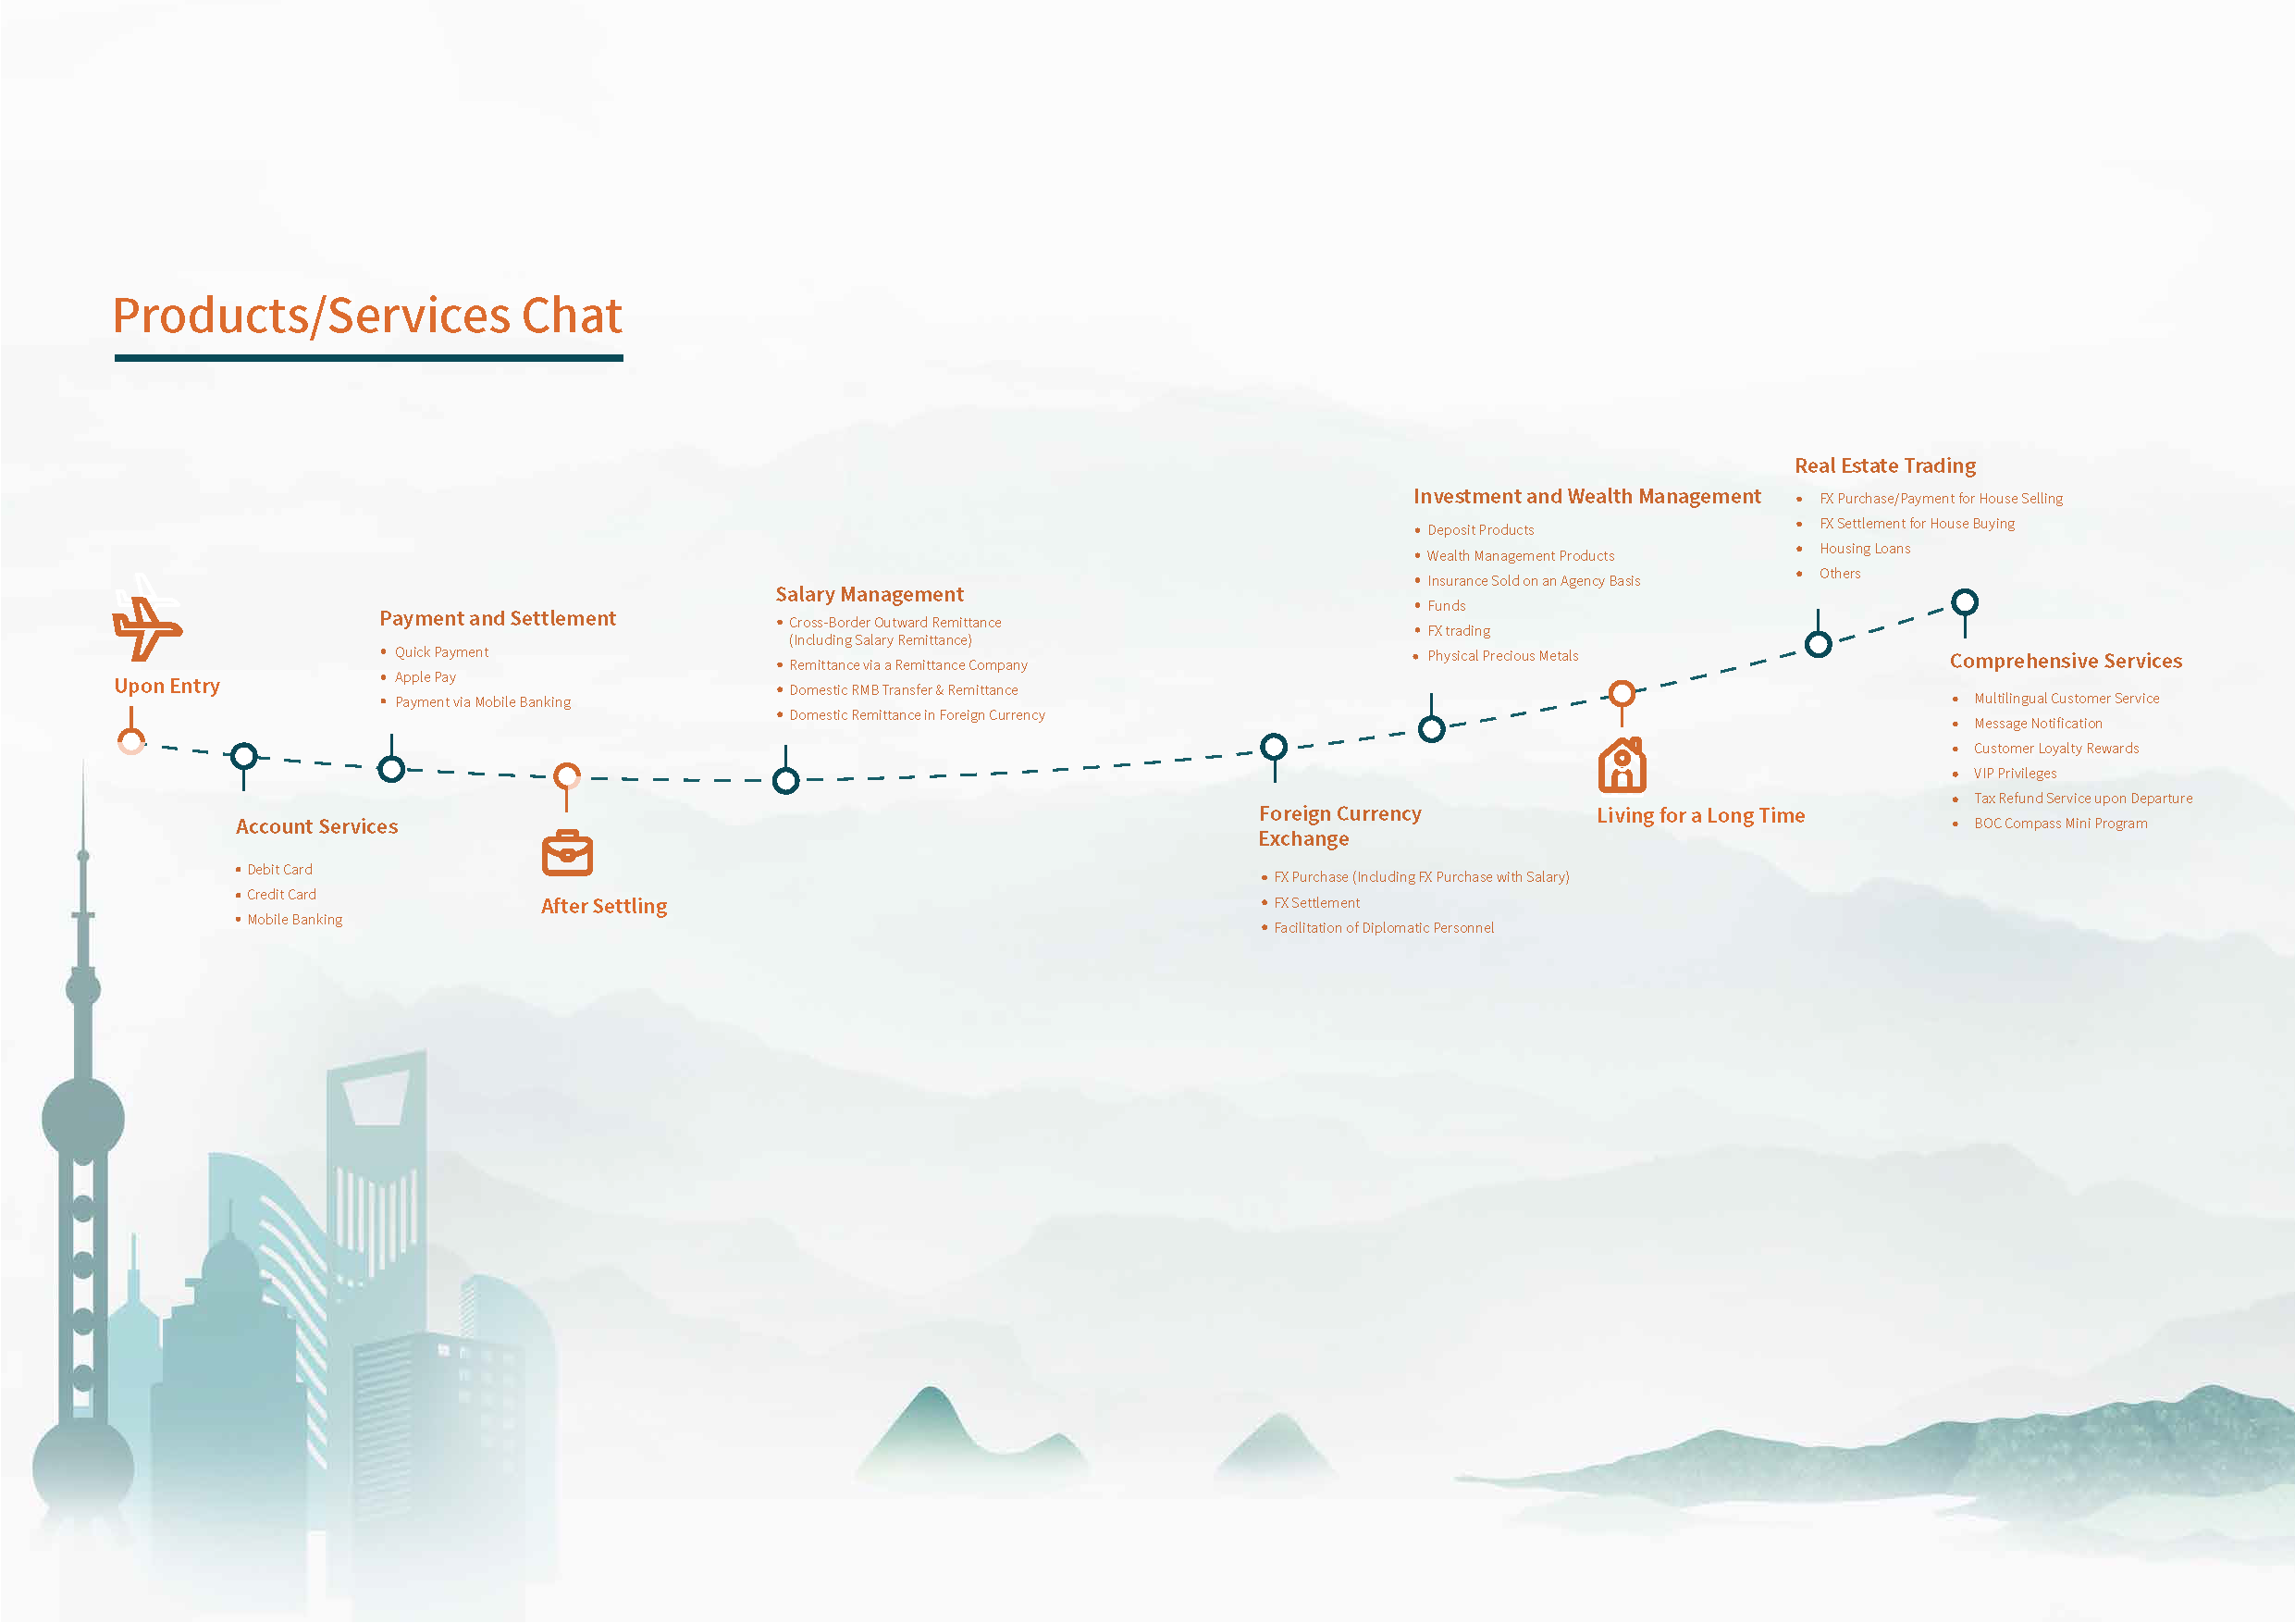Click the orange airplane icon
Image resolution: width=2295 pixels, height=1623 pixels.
coord(146,628)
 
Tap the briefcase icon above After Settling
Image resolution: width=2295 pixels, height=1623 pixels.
coord(567,853)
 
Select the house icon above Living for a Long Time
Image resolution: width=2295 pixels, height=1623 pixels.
coord(1622,765)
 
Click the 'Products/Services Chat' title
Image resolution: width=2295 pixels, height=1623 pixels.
coord(367,316)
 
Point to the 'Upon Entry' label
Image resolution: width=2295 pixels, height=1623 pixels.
coord(167,686)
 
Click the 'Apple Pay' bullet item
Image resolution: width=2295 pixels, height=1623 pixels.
coord(425,677)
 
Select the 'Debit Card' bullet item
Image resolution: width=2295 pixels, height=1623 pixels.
coord(280,870)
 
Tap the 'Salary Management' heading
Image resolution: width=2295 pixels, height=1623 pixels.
coord(869,595)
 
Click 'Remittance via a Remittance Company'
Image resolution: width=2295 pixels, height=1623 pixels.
coord(907,665)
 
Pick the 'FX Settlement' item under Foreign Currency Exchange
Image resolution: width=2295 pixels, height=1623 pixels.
coord(1316,903)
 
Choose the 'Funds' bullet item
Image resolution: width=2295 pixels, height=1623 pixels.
coord(1447,606)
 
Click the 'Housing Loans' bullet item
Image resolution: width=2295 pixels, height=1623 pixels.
coord(1864,549)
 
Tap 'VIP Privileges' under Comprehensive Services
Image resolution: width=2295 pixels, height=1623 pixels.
coord(2014,774)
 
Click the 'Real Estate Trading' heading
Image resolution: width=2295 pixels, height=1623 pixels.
coord(1885,466)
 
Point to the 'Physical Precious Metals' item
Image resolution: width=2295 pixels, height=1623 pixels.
coord(1502,656)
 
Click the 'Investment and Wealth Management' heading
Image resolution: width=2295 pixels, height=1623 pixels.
coord(1586,497)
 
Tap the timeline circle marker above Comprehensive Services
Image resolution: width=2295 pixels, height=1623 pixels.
coord(1964,603)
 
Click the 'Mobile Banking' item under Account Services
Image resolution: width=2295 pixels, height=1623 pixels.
coord(295,920)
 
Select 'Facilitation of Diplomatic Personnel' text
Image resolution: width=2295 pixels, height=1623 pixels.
coord(1384,928)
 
